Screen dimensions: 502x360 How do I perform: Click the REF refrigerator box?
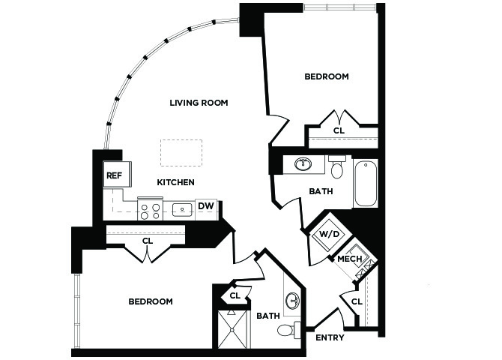pos(117,175)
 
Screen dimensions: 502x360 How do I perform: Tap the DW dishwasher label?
pos(205,206)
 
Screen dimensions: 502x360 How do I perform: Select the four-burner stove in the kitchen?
pos(151,209)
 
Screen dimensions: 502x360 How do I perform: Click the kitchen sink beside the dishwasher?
pos(182,210)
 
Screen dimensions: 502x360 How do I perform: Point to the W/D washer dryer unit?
pos(329,234)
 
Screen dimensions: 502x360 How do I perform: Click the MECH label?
pos(350,259)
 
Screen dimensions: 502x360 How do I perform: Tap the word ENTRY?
pos(330,337)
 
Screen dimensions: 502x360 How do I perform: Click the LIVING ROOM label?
pos(199,103)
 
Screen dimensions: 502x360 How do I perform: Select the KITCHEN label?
pos(175,182)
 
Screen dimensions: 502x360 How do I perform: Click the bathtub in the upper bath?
pos(366,184)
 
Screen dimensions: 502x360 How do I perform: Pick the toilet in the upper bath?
pos(337,166)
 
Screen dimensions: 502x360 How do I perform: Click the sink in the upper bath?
pos(303,164)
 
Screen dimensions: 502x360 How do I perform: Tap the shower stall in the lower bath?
pos(232,329)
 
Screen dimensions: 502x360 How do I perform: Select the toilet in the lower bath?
pos(288,329)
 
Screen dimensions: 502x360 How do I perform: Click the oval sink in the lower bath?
pos(292,300)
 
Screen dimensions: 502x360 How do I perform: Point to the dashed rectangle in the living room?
pos(181,152)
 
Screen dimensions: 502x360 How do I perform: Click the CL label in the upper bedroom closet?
pos(339,130)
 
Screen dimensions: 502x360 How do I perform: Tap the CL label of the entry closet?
pos(357,301)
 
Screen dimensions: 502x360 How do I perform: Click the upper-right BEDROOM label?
pos(327,76)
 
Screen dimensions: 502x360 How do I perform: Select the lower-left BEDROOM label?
pos(151,301)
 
